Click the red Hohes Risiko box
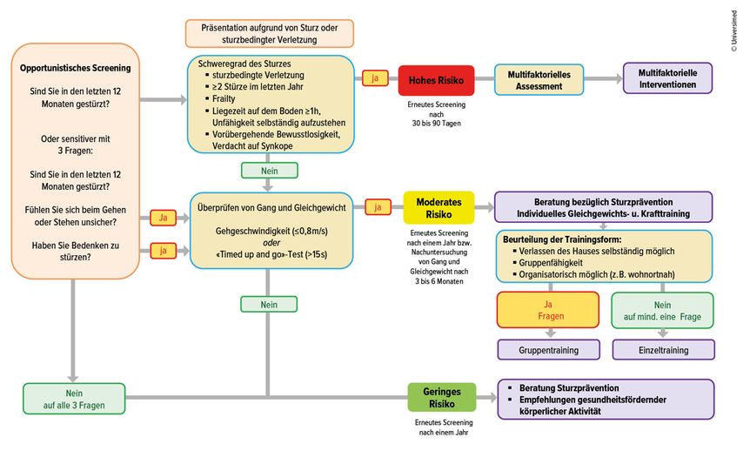[x=436, y=80]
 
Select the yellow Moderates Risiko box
[x=438, y=208]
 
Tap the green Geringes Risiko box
[x=442, y=398]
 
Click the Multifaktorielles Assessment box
[x=539, y=80]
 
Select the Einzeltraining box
[x=663, y=350]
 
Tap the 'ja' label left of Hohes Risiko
[x=375, y=78]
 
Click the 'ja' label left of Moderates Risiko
[x=378, y=207]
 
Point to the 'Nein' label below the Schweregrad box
[x=269, y=170]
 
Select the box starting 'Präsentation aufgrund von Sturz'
[x=269, y=33]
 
